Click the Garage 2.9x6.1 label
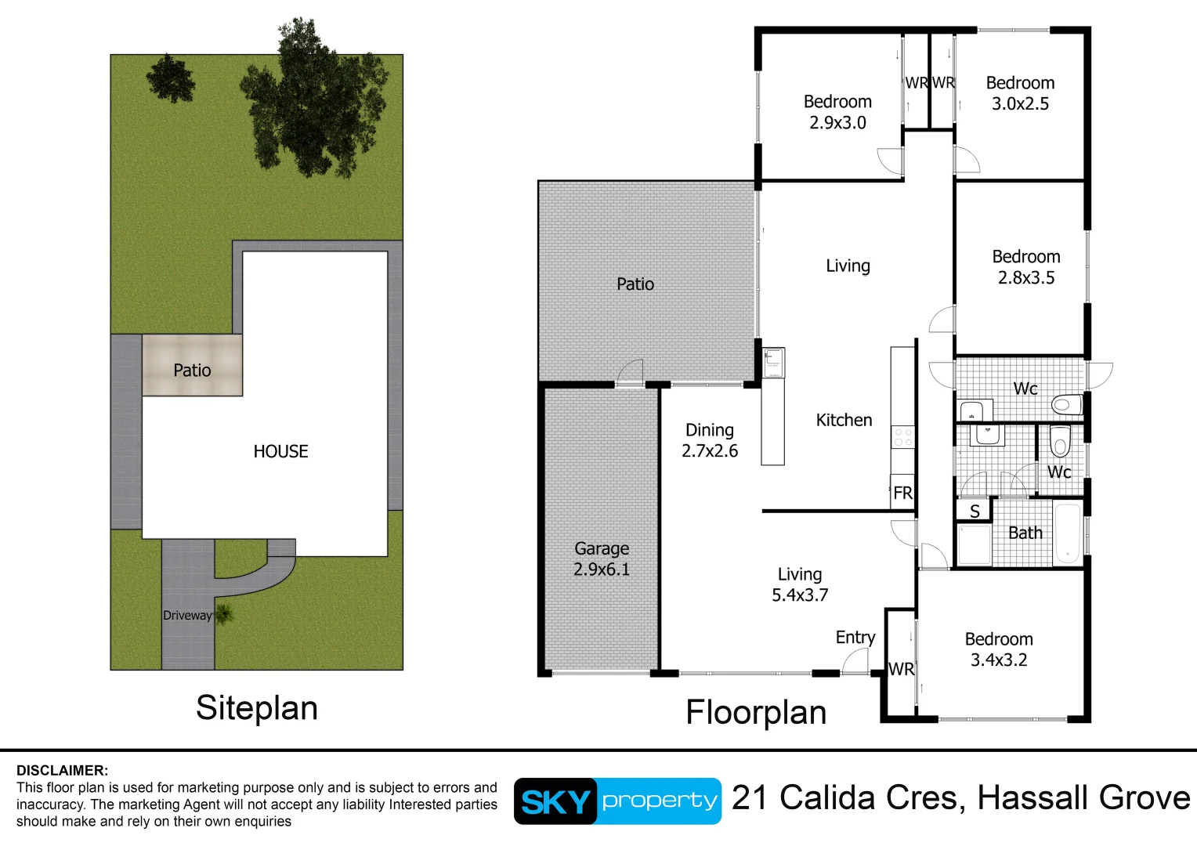601,559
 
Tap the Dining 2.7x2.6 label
710,440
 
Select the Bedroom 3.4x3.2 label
999,649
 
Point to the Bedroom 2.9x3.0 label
837,112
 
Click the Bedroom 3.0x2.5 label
1020,93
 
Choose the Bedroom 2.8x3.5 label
1025,267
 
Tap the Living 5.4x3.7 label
800,584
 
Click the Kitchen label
844,420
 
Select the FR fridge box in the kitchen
902,493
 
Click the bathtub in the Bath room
1067,533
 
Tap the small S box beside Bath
975,512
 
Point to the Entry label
855,637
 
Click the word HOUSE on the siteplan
280,451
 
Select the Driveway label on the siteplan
187,616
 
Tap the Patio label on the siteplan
192,370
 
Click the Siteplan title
257,708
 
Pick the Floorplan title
756,713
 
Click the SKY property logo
617,801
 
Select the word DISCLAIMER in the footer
63,770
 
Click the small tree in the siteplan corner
170,78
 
